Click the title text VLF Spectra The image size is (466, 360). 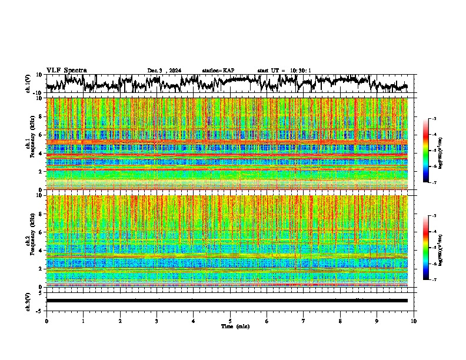66,70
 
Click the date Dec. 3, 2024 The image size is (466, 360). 164,71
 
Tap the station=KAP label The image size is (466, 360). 218,71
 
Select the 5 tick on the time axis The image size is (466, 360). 230,321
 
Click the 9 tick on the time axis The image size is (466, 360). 377,321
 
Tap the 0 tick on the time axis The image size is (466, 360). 46,321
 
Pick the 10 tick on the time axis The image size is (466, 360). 414,321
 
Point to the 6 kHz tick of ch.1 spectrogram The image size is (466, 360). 40,135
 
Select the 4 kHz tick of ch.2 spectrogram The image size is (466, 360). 40,250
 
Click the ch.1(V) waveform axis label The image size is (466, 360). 29,84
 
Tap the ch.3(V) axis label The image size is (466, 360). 29,301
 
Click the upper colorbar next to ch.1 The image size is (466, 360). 431,151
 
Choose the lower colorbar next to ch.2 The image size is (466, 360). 431,248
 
